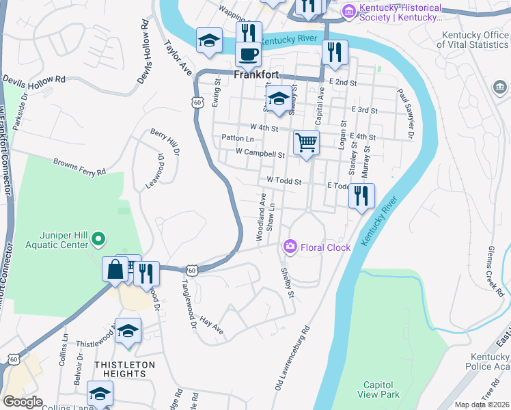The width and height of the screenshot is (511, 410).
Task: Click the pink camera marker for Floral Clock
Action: (290, 247)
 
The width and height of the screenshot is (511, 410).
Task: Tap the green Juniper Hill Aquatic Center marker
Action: (98, 239)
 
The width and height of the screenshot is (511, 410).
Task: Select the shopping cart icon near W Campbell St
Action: (306, 143)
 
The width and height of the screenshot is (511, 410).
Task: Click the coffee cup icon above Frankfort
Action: (249, 53)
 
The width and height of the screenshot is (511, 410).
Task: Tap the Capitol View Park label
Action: (379, 389)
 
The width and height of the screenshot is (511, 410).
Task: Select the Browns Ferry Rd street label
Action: (80, 167)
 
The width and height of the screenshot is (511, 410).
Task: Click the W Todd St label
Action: (284, 180)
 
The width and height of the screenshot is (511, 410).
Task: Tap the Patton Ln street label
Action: (238, 138)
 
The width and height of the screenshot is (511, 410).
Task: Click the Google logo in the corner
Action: (22, 402)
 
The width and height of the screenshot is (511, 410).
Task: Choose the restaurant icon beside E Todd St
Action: (361, 195)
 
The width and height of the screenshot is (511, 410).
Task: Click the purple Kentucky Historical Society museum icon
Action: (350, 11)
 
